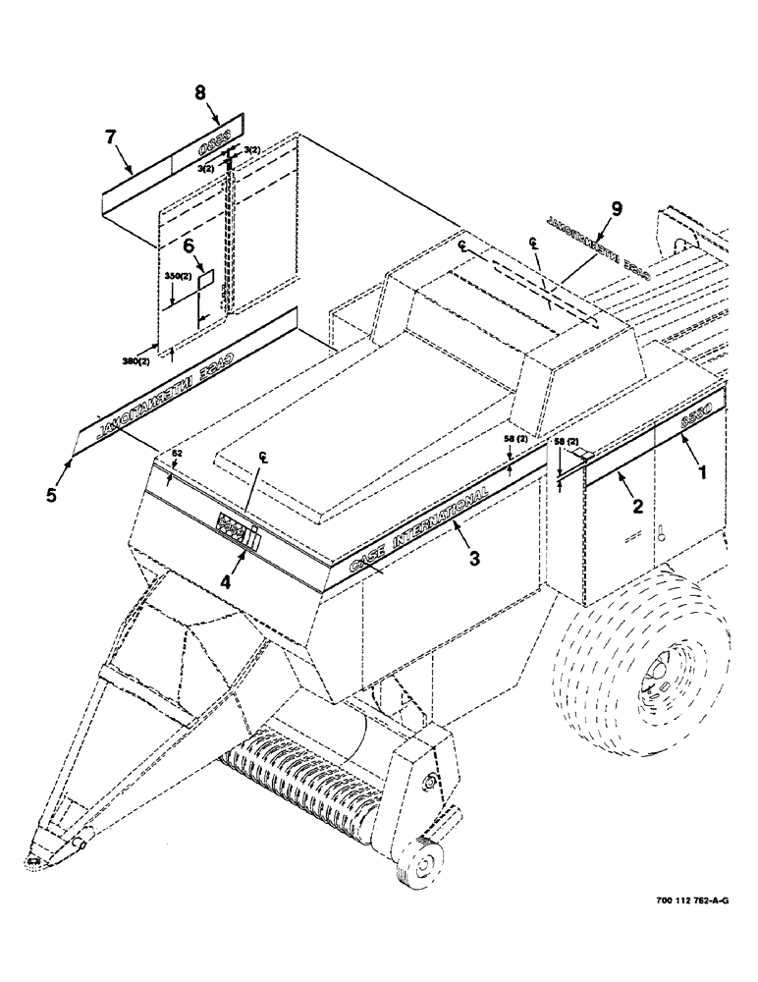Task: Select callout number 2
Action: pos(637,507)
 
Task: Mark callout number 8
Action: pos(199,93)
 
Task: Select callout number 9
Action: pos(616,208)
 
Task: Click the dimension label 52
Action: pos(178,454)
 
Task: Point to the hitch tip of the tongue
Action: pos(36,860)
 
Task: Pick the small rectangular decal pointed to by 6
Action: pos(206,281)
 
